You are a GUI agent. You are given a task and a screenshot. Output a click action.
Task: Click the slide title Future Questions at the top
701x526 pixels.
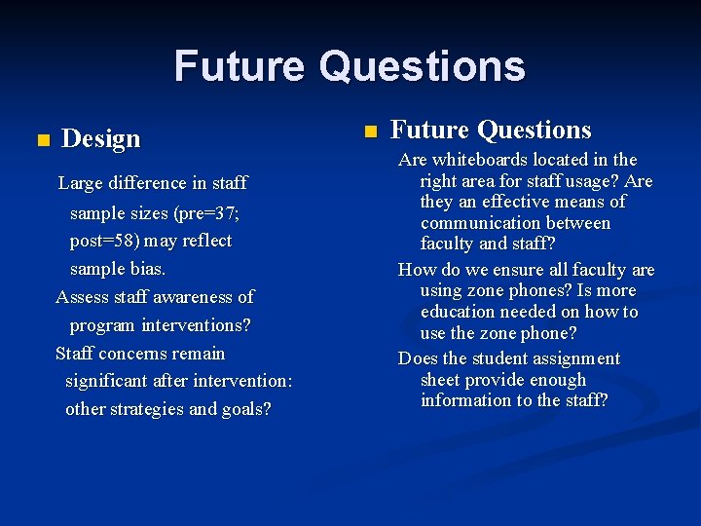[350, 67]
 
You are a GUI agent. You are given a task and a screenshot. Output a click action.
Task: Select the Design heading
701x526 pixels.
[101, 139]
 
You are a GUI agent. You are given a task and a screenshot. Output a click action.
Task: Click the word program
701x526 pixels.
[102, 325]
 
